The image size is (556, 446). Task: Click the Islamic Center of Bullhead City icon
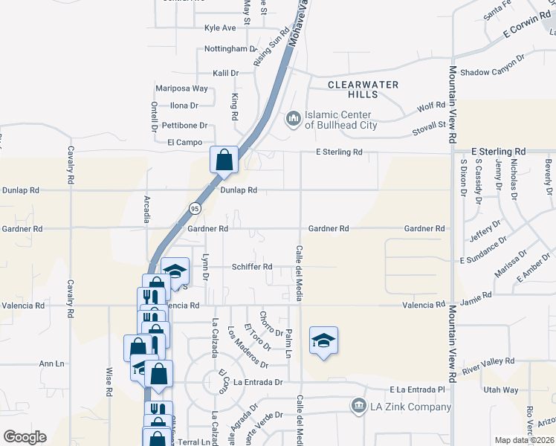click(293, 118)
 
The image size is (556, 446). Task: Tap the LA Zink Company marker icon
click(359, 406)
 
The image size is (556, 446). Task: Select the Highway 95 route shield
click(193, 207)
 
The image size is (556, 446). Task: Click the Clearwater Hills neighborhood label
click(363, 89)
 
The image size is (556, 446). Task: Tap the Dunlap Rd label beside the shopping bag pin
click(239, 190)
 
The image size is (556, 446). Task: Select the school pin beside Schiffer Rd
click(175, 272)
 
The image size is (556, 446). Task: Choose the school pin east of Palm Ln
click(323, 341)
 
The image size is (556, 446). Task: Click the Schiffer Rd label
click(252, 266)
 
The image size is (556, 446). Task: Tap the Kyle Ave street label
click(220, 28)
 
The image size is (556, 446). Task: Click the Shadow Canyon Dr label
click(492, 73)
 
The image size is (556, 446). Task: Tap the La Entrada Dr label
click(259, 382)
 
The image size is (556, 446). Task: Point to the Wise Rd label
click(109, 381)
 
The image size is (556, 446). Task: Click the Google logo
click(25, 437)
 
